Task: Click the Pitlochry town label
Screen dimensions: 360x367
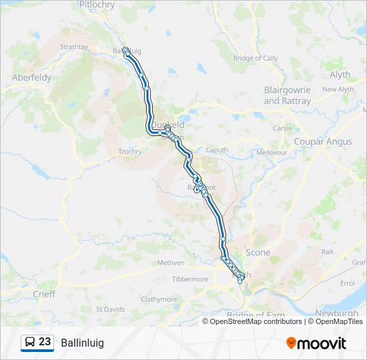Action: point(97,5)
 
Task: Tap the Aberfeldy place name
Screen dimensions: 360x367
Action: point(31,77)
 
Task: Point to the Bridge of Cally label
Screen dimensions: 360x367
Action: point(255,58)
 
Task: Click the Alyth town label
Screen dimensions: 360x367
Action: point(340,75)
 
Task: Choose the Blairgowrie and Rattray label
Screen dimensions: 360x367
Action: point(288,95)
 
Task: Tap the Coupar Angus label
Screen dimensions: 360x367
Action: point(323,141)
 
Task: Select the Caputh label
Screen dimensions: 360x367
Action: point(217,149)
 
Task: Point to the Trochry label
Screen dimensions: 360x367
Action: point(129,151)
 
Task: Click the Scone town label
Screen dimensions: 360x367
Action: point(258,252)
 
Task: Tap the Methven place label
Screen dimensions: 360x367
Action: point(171,263)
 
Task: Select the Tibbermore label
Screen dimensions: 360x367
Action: point(190,279)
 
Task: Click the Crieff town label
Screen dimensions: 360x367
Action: point(44,293)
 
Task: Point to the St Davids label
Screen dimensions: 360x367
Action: point(110,309)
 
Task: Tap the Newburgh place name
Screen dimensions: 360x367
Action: point(337,313)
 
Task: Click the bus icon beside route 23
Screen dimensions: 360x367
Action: point(30,343)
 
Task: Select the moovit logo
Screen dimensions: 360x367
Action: point(316,343)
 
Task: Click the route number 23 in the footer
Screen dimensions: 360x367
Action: point(45,342)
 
